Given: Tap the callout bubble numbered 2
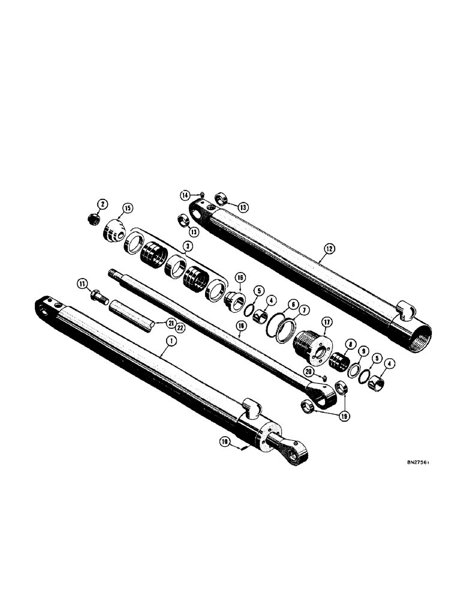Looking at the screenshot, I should click(104, 205).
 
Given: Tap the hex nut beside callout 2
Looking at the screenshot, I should click(95, 219).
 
